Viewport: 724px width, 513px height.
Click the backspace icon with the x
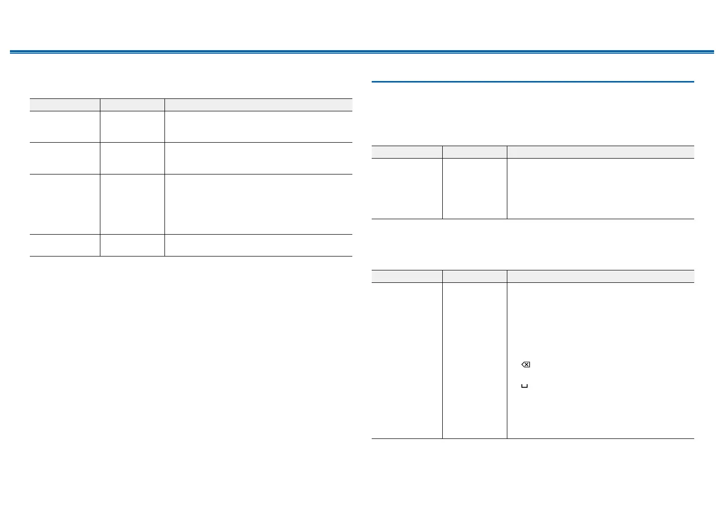(525, 365)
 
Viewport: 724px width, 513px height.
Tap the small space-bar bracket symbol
(524, 386)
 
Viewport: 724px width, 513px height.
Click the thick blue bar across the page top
(362, 51)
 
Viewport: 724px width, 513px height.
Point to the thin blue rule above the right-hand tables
(532, 82)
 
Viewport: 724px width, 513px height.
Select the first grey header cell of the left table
(65, 105)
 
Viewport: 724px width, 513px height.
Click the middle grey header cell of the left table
(132, 105)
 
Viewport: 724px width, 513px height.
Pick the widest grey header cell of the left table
(258, 105)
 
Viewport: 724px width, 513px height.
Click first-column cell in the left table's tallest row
(65, 204)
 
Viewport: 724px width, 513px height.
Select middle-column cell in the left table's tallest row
(132, 204)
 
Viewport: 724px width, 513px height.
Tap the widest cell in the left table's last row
(258, 246)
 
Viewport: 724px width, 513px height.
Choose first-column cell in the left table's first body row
(65, 127)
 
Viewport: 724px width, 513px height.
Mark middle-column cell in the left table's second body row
(132, 158)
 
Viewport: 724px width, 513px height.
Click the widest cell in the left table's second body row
(258, 158)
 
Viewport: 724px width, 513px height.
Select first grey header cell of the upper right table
(407, 152)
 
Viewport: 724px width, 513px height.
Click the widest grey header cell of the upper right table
(600, 152)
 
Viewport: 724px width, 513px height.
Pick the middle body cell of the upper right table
(475, 188)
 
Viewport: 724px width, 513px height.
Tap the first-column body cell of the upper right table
(407, 188)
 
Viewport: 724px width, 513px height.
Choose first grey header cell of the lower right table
(407, 276)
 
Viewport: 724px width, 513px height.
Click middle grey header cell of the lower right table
(475, 276)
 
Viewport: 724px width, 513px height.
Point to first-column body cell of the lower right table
(407, 360)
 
